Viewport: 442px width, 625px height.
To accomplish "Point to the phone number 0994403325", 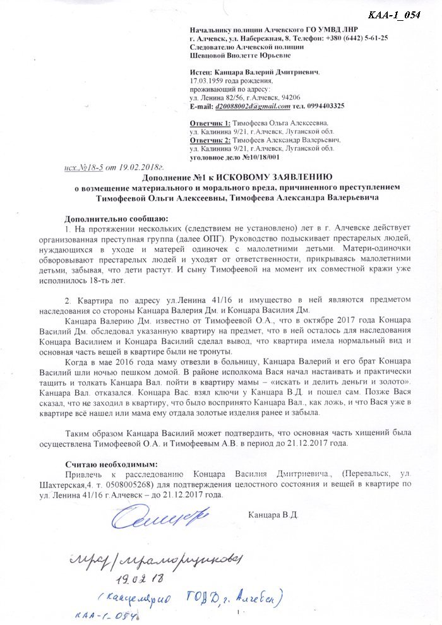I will click(323, 105).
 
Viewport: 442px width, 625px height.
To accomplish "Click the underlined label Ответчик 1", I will click(210, 122).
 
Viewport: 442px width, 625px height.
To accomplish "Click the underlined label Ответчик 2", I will click(210, 139).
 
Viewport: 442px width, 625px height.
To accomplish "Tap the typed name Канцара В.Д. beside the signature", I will click(272, 515).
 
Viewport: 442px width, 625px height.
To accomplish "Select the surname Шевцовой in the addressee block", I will click(208, 55).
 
